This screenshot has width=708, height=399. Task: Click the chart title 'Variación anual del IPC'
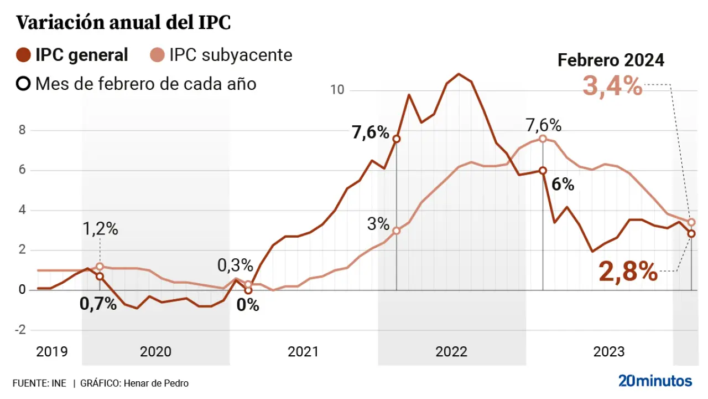pyautogui.click(x=123, y=23)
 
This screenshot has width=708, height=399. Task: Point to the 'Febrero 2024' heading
pyautogui.click(x=611, y=60)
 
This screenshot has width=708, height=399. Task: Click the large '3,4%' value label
pyautogui.click(x=612, y=87)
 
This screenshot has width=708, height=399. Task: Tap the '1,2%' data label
pyautogui.click(x=100, y=229)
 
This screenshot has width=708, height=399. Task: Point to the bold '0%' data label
pyautogui.click(x=248, y=305)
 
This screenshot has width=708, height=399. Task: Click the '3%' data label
pyautogui.click(x=378, y=224)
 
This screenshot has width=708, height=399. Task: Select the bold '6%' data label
pyautogui.click(x=563, y=185)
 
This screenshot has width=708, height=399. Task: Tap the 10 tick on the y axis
pyautogui.click(x=337, y=90)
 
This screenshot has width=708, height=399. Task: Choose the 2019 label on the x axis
pyautogui.click(x=51, y=351)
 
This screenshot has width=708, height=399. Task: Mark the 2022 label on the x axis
pyautogui.click(x=451, y=351)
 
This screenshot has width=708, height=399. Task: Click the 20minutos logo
pyautogui.click(x=655, y=381)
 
